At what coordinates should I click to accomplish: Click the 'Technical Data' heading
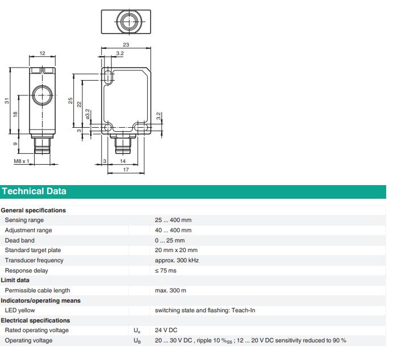click(x=34, y=191)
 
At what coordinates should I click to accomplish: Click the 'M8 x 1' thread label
click(x=22, y=162)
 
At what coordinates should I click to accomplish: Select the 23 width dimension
click(x=126, y=45)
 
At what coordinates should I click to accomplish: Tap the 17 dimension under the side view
click(x=126, y=170)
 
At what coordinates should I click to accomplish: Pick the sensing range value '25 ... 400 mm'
click(x=173, y=220)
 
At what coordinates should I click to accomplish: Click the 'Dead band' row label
click(x=20, y=240)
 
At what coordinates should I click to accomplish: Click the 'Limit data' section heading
click(x=15, y=281)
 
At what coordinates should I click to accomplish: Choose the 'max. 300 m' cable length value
click(x=170, y=291)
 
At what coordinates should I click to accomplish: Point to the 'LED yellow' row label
click(x=20, y=311)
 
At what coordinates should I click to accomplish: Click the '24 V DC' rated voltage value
click(x=166, y=330)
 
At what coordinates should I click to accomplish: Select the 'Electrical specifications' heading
click(x=35, y=321)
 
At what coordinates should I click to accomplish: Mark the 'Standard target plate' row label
click(x=33, y=250)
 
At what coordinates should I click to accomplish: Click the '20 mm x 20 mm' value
click(x=176, y=250)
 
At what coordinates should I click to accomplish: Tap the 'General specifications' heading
click(x=34, y=211)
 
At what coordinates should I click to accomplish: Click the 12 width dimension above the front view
click(x=42, y=53)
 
